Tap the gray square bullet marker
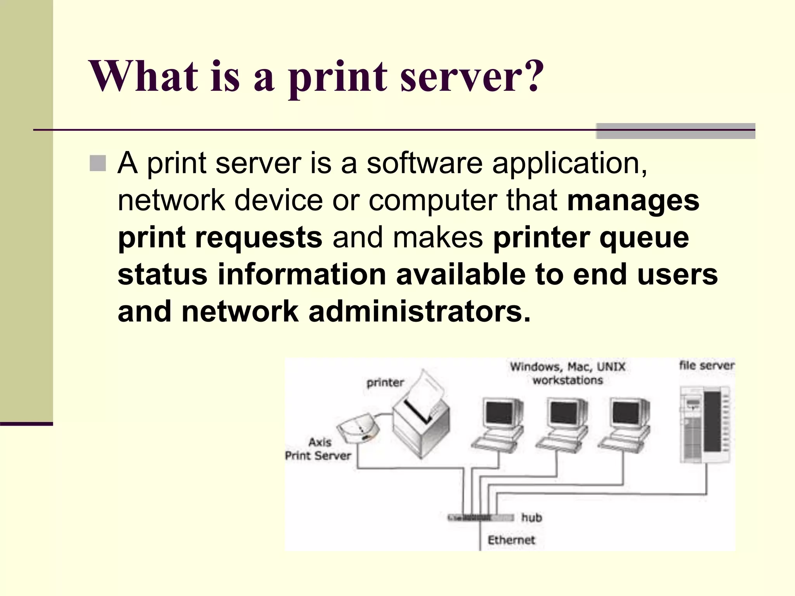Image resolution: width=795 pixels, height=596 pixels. tap(97, 163)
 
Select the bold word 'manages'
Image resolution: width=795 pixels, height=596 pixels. tap(633, 201)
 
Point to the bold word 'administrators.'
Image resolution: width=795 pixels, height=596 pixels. tap(419, 312)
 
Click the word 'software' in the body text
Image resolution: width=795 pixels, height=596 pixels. tap(424, 163)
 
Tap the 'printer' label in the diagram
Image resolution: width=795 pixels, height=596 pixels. tap(385, 383)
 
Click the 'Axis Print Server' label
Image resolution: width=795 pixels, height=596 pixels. tap(318, 449)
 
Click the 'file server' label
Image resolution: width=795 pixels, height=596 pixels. tap(706, 365)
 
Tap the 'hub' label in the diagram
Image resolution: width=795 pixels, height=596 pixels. tap(531, 517)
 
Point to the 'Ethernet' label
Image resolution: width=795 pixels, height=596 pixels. tap(511, 540)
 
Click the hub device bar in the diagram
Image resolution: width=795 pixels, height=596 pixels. tap(481, 518)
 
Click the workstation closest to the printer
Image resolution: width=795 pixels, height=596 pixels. tap(499, 425)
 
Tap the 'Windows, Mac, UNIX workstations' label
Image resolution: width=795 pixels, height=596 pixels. tap(568, 373)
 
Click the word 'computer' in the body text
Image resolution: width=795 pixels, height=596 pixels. tap(432, 201)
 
